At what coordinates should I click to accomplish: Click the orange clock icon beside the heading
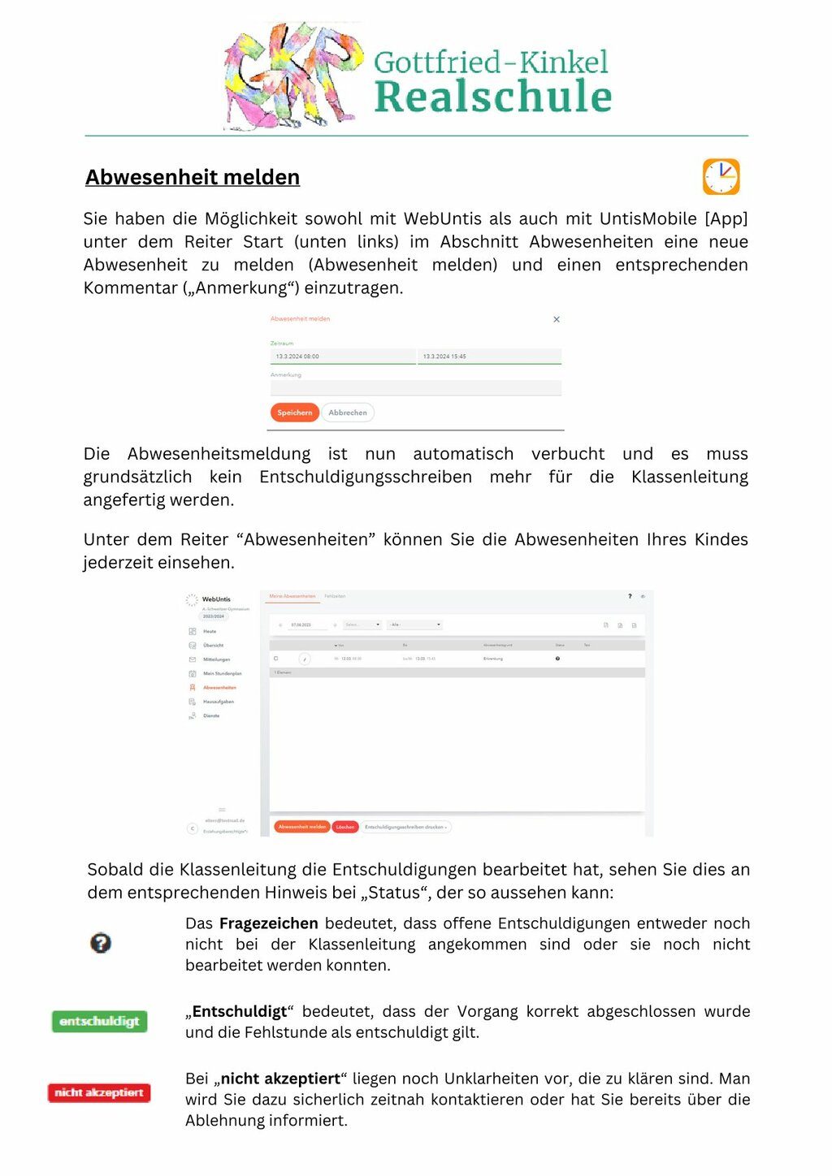point(721,177)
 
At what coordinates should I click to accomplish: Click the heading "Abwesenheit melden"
point(193,177)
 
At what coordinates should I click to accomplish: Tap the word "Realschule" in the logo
point(492,97)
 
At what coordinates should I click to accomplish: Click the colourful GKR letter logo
point(292,76)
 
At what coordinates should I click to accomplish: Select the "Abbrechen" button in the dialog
point(348,413)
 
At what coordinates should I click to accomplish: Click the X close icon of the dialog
point(557,319)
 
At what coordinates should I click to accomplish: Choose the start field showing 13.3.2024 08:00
point(342,357)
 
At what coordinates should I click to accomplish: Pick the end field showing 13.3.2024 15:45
point(489,357)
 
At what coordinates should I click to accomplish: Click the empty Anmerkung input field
point(415,388)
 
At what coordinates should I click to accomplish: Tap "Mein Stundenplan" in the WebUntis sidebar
point(222,673)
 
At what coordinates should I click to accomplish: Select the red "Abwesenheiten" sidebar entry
point(219,688)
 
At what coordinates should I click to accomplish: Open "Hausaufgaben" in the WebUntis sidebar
point(219,702)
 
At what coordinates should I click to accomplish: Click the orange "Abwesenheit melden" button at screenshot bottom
point(302,827)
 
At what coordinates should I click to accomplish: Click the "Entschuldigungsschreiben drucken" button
point(405,827)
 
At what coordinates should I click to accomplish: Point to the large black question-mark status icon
point(101,943)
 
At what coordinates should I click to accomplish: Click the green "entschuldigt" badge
point(99,1021)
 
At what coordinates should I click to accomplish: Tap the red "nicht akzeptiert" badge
point(99,1092)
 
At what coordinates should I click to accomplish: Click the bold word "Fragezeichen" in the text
point(269,923)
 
